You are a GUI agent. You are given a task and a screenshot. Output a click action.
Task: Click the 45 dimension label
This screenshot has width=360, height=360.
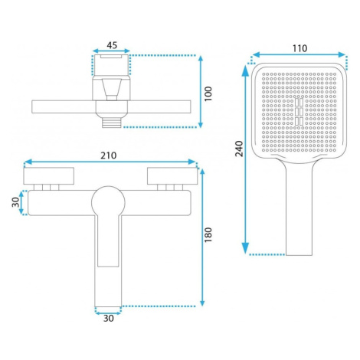pyautogui.click(x=112, y=45)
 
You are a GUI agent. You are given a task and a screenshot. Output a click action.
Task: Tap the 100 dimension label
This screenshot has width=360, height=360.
pyautogui.click(x=208, y=93)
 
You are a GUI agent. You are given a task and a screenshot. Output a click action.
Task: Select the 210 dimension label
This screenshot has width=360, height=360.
pyautogui.click(x=109, y=155)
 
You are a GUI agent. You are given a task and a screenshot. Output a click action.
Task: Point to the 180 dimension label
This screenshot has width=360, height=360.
pyautogui.click(x=208, y=234)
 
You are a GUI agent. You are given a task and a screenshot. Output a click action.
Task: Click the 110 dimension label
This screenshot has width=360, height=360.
pyautogui.click(x=300, y=48)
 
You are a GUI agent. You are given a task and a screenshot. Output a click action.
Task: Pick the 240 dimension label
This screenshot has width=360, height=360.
pyautogui.click(x=239, y=149)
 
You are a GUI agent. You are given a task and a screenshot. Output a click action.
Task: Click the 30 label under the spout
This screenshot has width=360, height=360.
pyautogui.click(x=109, y=318)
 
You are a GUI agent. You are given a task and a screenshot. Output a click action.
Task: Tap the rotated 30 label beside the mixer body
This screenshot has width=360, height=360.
pyautogui.click(x=15, y=202)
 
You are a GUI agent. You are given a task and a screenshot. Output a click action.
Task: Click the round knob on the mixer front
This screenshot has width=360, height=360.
pyautogui.click(x=108, y=202)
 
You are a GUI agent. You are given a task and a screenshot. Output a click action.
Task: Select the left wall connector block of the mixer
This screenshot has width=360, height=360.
pyautogui.click(x=49, y=176)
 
